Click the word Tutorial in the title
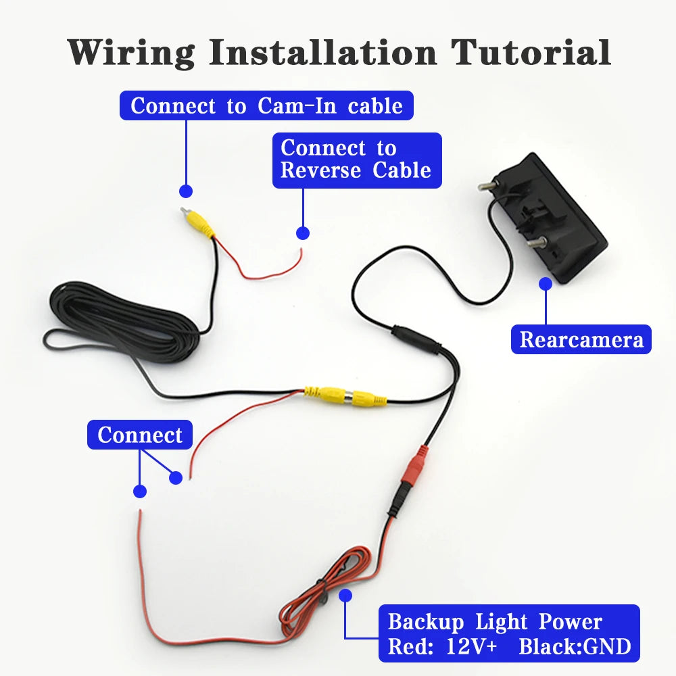531,52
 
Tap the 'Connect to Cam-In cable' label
266,105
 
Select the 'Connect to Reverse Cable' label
356,160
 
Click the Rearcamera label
581,339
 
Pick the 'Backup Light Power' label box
509,633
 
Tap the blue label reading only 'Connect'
140,435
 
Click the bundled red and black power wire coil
324,588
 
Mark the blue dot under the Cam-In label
186,191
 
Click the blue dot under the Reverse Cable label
303,233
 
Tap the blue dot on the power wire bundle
346,595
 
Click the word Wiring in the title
131,52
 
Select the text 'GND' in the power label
607,646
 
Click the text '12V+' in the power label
471,646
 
